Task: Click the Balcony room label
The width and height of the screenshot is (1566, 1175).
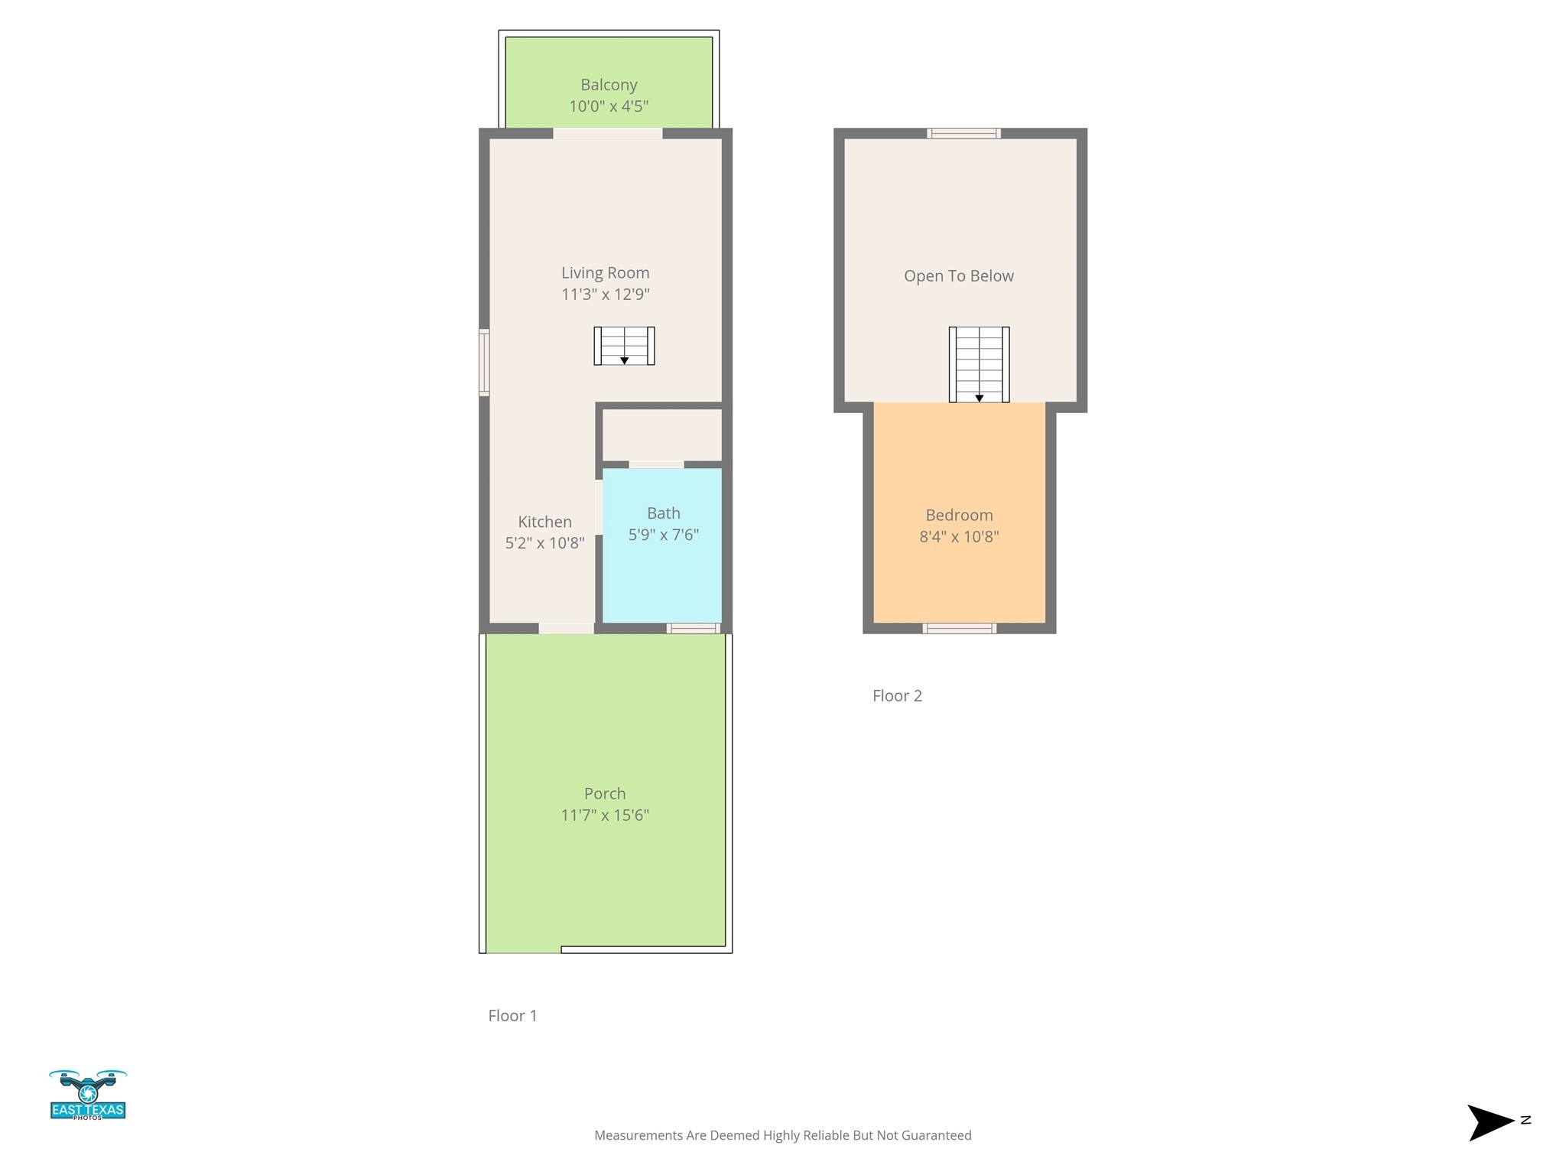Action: (x=609, y=85)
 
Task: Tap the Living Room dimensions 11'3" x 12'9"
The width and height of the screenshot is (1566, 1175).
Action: (x=605, y=295)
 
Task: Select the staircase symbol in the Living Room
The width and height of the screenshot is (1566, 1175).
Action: (x=624, y=346)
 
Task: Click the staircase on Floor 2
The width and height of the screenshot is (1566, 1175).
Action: (x=979, y=364)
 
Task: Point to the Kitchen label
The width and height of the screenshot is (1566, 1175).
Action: (x=544, y=522)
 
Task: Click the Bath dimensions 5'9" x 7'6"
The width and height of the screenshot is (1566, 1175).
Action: (x=663, y=535)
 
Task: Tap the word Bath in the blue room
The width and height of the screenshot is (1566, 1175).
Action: (x=663, y=513)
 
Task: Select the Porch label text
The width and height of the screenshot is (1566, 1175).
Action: (x=604, y=794)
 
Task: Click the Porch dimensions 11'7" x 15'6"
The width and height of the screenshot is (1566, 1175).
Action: (x=604, y=815)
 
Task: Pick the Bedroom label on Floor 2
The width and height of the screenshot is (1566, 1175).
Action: (x=959, y=516)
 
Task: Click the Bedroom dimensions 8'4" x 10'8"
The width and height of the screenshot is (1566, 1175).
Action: (x=959, y=537)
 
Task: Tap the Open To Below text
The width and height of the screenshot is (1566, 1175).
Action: (x=958, y=276)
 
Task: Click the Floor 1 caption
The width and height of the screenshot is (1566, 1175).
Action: (x=512, y=1016)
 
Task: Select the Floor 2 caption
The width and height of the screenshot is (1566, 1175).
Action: (x=897, y=696)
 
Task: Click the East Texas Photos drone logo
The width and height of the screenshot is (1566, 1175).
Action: (x=88, y=1095)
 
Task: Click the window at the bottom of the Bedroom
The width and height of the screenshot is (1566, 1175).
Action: (x=959, y=629)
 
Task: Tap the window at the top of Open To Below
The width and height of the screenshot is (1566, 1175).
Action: (x=963, y=134)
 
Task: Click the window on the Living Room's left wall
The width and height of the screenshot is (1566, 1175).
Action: (x=484, y=363)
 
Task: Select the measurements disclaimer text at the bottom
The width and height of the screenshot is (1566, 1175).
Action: (x=782, y=1135)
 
